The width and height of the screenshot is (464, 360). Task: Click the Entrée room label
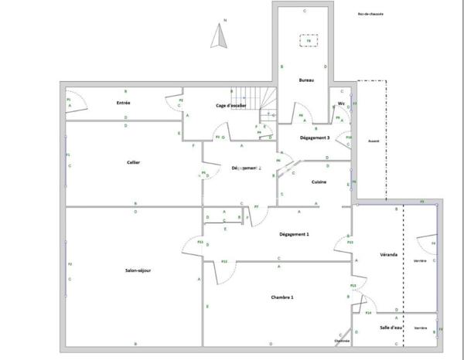123,103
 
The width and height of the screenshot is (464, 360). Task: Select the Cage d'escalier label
230,105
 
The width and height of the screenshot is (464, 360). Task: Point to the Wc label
341,103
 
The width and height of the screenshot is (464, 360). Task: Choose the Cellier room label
133,161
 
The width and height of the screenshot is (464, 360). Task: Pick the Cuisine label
319,182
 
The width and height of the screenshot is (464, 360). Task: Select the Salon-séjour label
137,270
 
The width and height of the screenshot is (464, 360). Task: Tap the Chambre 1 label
281,297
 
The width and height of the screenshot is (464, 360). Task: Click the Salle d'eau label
391,328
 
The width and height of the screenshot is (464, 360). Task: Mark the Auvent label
374,141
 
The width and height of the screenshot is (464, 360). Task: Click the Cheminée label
342,341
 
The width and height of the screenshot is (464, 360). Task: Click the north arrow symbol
220,36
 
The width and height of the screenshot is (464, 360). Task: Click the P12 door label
224,261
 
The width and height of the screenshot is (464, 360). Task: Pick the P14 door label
368,313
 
